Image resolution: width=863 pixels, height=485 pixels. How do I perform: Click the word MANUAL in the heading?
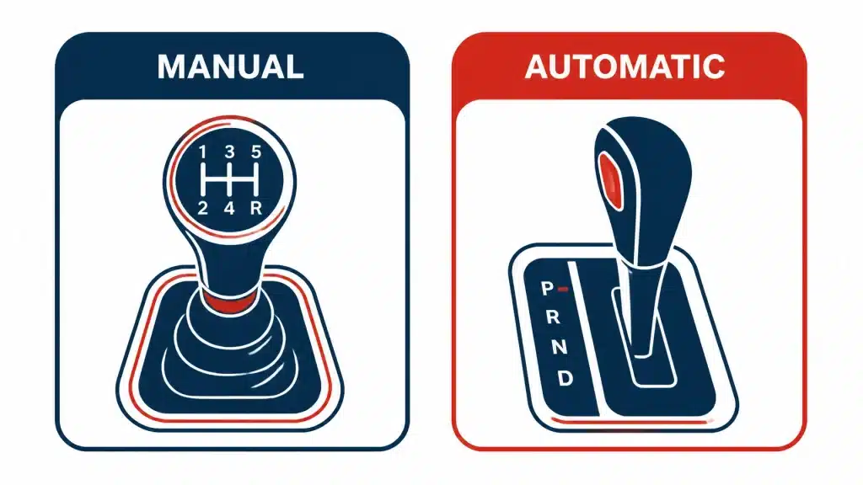coord(230,67)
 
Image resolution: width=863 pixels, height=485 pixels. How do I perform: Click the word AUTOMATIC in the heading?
coord(624,67)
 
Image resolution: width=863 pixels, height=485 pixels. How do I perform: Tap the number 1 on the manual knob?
coord(202,152)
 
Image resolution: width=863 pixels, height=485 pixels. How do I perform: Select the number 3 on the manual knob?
coord(229,152)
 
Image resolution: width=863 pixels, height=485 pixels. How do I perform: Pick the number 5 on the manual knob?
coord(256,152)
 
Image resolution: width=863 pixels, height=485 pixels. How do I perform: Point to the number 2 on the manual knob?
coord(202,208)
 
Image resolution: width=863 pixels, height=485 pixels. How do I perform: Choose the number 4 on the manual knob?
coord(229,208)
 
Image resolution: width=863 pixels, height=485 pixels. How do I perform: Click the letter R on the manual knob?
coord(256,208)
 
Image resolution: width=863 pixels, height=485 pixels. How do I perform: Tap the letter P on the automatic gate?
coord(547,288)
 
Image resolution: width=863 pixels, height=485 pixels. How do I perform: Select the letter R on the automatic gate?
coord(553,317)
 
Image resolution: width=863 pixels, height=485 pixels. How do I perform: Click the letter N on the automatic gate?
coord(560,346)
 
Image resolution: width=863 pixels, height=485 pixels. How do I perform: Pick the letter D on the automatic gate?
coord(566,378)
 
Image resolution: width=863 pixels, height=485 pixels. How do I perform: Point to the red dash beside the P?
coord(562,288)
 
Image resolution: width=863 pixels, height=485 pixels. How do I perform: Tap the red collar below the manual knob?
coord(228,302)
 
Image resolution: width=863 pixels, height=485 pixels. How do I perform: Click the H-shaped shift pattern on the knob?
coord(229,180)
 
